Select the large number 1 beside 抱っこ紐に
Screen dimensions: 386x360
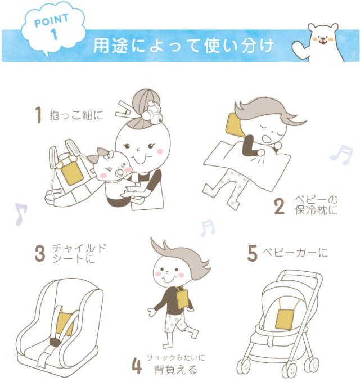[x=38, y=115]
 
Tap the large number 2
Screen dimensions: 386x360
[x=280, y=207]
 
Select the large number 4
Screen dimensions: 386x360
[x=137, y=366]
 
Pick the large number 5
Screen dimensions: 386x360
[x=253, y=253]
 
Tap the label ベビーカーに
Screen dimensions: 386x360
[x=295, y=253]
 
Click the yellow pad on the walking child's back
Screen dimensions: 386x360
[x=182, y=297]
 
